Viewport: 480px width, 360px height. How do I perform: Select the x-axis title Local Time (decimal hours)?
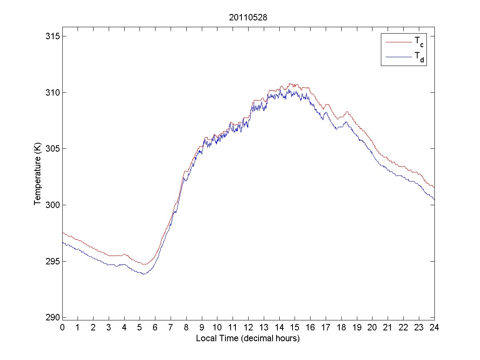coord(248,338)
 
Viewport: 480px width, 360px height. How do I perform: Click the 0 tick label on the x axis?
coord(62,327)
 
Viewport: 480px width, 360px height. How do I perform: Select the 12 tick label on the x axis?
coord(248,327)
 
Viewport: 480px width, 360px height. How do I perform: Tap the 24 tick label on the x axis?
coord(434,327)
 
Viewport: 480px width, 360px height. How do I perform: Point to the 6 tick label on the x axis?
coord(155,327)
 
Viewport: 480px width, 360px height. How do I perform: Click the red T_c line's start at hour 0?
coord(63,233)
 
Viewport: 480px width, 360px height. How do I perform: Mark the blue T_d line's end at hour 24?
coord(434,199)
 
